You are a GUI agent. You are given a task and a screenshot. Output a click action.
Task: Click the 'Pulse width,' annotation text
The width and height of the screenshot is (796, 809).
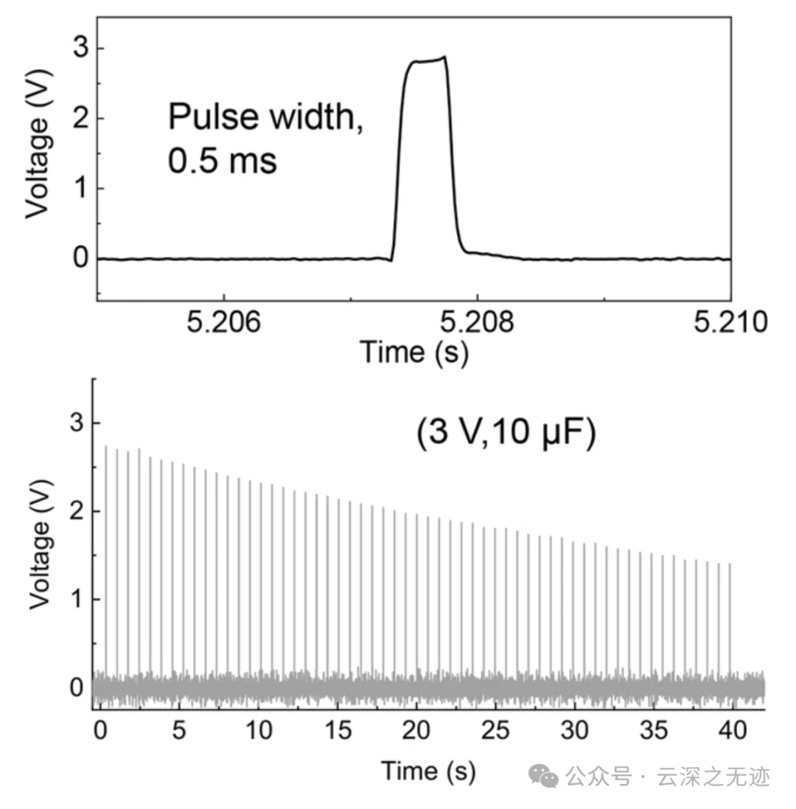[266, 117]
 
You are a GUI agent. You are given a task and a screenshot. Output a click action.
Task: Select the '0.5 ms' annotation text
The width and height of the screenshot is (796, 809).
[223, 161]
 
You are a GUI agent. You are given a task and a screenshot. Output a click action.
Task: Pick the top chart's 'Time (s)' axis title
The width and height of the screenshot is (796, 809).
[414, 352]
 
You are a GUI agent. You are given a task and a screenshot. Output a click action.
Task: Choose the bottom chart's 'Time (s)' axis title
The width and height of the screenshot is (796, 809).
[428, 771]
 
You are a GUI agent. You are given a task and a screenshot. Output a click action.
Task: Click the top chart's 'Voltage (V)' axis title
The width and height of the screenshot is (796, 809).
[38, 144]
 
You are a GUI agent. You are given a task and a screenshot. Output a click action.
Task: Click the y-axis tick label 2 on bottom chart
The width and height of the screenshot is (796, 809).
[75, 511]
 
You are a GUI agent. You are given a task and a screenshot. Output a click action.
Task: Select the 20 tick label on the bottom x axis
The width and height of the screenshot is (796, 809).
[416, 731]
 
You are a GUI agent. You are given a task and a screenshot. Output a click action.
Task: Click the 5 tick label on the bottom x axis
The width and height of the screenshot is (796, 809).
[178, 731]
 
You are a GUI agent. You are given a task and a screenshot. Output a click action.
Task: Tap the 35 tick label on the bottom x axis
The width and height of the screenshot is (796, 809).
[654, 731]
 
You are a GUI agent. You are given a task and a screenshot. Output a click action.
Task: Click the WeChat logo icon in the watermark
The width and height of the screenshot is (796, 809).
[545, 777]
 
